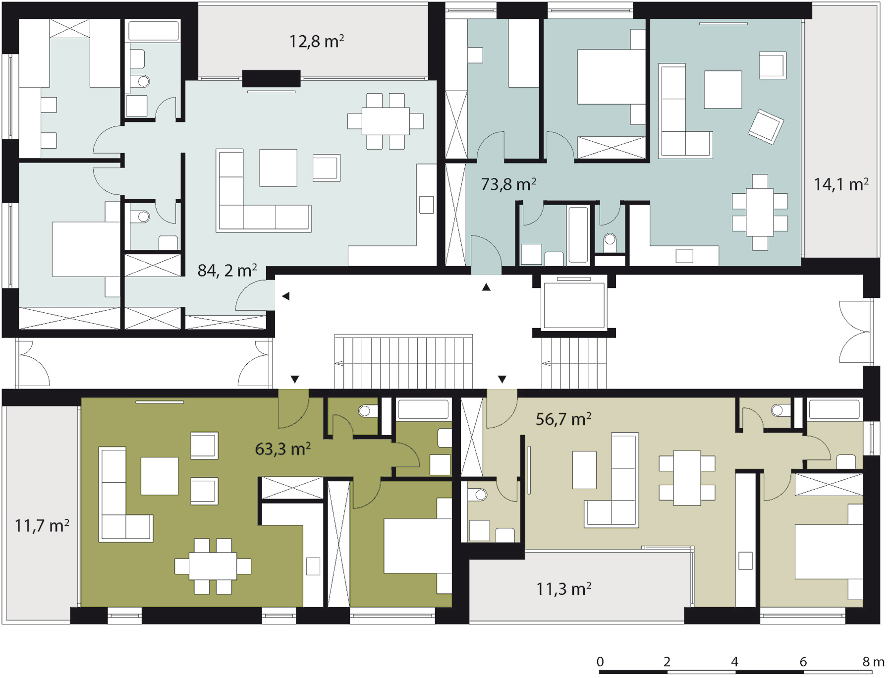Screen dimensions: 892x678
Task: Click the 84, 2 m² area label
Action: [x=227, y=270]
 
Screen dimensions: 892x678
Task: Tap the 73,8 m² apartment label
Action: [x=508, y=184]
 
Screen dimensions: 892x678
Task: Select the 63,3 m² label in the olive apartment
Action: [x=282, y=449]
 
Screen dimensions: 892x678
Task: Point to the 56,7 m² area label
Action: [x=563, y=419]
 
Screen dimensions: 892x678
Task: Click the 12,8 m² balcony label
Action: [x=317, y=41]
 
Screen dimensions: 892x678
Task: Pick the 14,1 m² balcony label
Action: [x=841, y=184]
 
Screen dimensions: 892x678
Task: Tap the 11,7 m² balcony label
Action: [x=42, y=525]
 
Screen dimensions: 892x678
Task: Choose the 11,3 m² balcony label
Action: [x=563, y=589]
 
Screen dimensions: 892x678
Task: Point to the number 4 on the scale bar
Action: [x=734, y=662]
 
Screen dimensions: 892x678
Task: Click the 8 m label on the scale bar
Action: [x=873, y=662]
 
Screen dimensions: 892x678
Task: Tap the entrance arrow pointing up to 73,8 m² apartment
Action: [x=486, y=287]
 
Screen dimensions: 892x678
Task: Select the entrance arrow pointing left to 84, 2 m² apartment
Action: [x=285, y=296]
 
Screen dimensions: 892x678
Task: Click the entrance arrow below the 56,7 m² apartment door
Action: [x=502, y=379]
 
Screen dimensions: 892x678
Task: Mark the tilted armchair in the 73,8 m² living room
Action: [x=766, y=126]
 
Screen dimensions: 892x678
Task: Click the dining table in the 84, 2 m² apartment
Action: [x=386, y=121]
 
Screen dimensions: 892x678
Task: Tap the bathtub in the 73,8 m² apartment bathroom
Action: [x=578, y=234]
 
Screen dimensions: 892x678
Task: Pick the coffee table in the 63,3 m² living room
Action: [x=159, y=476]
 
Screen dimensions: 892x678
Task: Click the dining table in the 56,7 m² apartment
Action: [x=687, y=478]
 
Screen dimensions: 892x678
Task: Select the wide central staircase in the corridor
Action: [x=403, y=361]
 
